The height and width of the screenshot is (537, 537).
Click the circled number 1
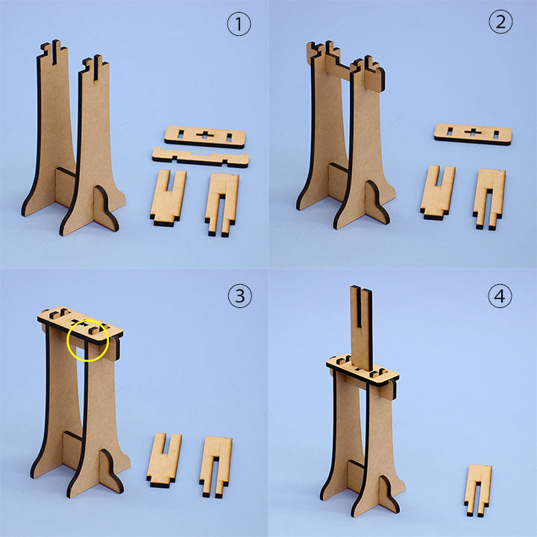(239, 24)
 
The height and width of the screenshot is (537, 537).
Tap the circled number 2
(500, 22)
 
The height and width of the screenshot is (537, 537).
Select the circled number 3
(239, 295)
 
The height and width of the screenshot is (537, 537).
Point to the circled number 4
(500, 295)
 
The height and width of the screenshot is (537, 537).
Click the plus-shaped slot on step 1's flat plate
(205, 135)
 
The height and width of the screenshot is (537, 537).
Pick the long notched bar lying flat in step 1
(201, 157)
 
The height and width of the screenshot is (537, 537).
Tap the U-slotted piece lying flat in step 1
(168, 198)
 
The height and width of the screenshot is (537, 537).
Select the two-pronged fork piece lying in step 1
(222, 204)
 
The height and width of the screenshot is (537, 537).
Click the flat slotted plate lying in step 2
(473, 134)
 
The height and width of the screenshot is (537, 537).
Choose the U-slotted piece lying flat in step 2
(437, 192)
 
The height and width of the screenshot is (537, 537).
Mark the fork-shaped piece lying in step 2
(489, 198)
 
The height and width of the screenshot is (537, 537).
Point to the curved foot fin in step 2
(377, 203)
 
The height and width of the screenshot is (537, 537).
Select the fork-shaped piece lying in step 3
(216, 466)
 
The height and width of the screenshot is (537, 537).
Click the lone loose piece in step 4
(478, 490)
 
